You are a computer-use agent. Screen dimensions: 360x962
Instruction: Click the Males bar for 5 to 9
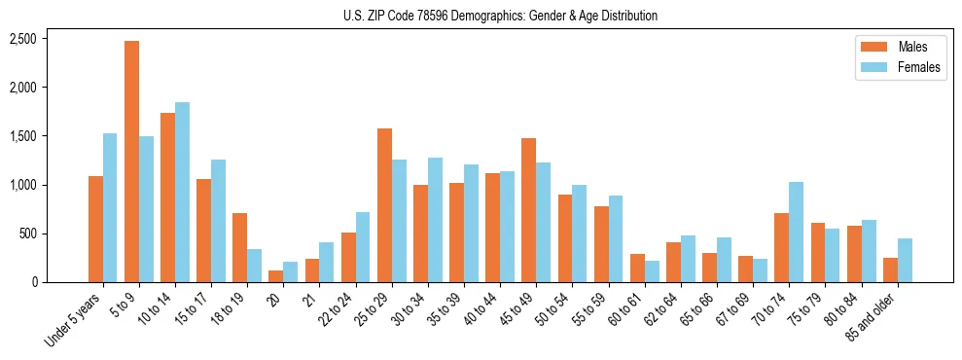pyautogui.click(x=131, y=162)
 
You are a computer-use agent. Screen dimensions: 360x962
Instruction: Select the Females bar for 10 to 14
pyautogui.click(x=182, y=193)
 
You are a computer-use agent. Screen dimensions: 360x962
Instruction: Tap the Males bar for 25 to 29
pyautogui.click(x=384, y=205)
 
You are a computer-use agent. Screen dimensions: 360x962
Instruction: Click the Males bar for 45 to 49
pyautogui.click(x=528, y=210)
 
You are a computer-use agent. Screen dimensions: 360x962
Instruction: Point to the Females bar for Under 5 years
pyautogui.click(x=110, y=208)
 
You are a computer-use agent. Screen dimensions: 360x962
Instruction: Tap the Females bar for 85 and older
pyautogui.click(x=904, y=261)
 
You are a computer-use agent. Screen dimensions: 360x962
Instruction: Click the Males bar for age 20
pyautogui.click(x=275, y=276)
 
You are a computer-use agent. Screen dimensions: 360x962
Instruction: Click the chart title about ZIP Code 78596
pyautogui.click(x=500, y=16)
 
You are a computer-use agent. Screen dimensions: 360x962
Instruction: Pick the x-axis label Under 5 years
pyautogui.click(x=74, y=319)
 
